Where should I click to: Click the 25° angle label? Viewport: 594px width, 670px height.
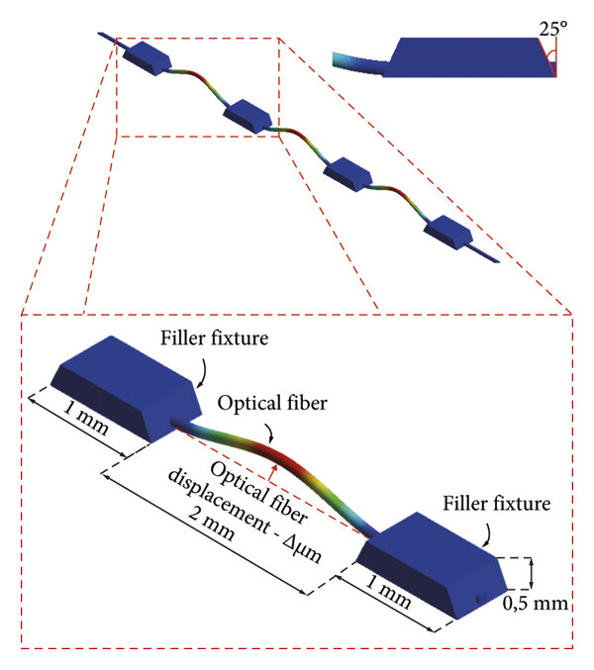(x=552, y=29)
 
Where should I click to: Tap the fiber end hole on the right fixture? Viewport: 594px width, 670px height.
(x=478, y=598)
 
